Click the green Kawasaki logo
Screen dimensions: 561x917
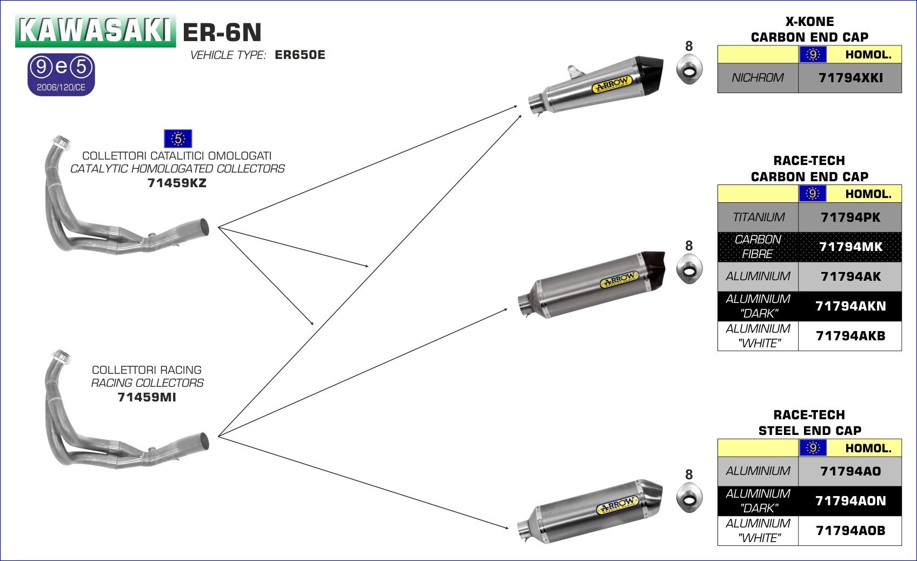point(95,30)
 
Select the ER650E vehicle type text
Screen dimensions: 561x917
point(300,55)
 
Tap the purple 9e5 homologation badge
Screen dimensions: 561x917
point(61,74)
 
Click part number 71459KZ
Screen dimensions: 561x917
point(177,183)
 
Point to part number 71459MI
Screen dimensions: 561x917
point(147,397)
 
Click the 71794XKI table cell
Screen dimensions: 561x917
point(850,78)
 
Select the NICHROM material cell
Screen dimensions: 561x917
point(757,78)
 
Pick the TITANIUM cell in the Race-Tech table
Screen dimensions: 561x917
point(758,217)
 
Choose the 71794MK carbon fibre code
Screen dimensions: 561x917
point(850,247)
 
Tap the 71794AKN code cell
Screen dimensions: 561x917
point(850,306)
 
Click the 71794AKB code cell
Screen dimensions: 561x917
point(850,336)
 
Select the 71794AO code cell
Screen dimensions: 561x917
point(850,471)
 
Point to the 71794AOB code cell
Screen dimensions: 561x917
point(850,531)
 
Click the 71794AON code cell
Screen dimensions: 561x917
point(850,501)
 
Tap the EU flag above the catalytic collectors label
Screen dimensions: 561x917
point(178,138)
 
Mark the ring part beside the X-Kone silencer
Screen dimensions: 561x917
point(689,70)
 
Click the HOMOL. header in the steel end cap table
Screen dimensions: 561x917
point(868,448)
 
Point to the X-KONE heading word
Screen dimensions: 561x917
point(809,22)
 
